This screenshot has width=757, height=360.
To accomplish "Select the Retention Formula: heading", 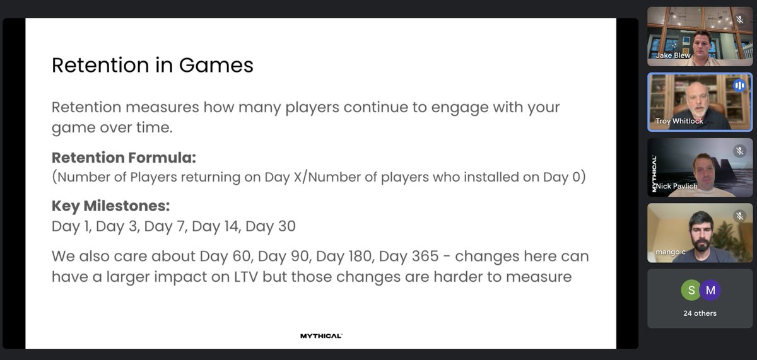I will click(x=124, y=158).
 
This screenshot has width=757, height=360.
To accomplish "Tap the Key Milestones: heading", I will click(x=111, y=207).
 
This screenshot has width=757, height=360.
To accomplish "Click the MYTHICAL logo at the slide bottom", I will click(x=321, y=336).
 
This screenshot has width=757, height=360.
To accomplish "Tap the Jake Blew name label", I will click(x=673, y=55).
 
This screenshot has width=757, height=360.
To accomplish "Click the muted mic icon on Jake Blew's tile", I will click(x=740, y=20).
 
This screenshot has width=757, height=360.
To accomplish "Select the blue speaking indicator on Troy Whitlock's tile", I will click(x=739, y=86).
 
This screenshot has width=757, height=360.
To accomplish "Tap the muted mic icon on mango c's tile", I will click(x=740, y=216).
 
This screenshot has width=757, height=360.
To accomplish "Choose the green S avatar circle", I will click(x=691, y=291).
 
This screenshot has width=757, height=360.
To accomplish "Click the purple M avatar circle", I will click(x=710, y=291).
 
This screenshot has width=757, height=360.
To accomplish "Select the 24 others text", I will click(x=700, y=313).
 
